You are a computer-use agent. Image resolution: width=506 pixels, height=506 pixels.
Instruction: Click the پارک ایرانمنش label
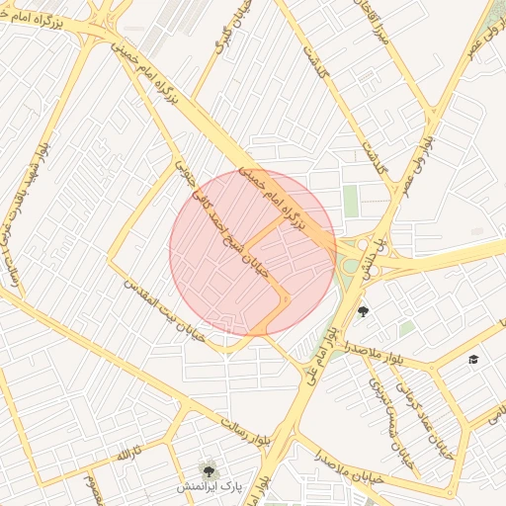(209, 488)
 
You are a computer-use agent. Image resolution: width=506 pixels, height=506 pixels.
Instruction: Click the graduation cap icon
(473, 358)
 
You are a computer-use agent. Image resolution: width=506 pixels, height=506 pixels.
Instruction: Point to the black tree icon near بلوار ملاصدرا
(363, 312)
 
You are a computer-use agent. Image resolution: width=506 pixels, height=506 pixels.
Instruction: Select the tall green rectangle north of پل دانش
(351, 201)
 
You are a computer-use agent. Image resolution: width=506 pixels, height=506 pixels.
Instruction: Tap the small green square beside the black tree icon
(406, 327)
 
